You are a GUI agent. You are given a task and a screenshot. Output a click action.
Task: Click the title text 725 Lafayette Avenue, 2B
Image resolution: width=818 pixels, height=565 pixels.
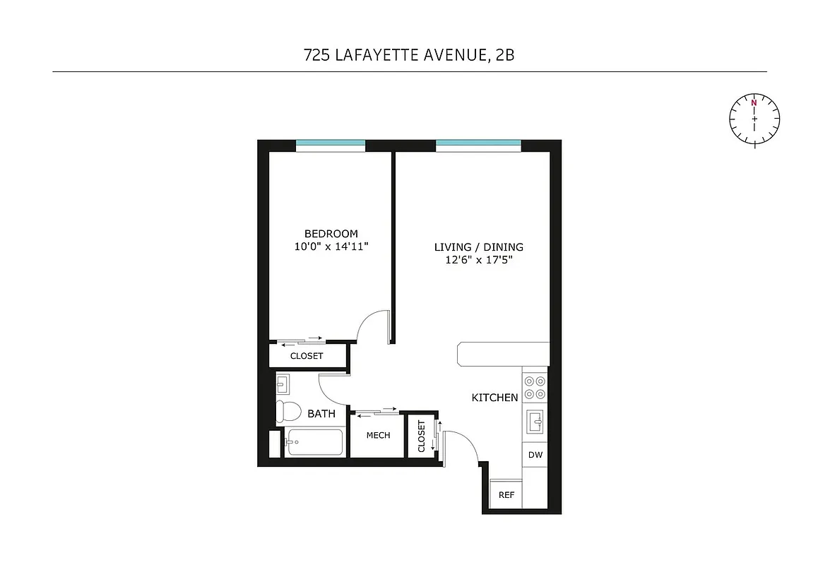click(409, 55)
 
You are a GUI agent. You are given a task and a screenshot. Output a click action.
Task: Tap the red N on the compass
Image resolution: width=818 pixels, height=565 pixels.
click(754, 103)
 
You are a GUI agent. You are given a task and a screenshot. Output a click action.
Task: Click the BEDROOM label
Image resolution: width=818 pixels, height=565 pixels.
click(331, 234)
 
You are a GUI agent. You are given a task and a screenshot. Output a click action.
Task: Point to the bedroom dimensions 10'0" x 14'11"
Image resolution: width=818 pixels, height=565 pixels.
click(331, 246)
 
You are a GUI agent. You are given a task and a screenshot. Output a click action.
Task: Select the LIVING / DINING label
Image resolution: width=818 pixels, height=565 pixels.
click(478, 247)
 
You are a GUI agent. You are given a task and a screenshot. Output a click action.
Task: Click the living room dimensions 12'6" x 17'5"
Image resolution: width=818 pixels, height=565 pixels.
click(478, 260)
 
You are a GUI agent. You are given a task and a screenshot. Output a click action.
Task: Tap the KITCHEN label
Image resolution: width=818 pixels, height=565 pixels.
click(494, 398)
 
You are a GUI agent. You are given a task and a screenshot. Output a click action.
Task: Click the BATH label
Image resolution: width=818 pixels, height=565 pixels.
click(321, 414)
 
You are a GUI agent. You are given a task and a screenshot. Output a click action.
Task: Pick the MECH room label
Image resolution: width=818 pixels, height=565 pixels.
click(378, 435)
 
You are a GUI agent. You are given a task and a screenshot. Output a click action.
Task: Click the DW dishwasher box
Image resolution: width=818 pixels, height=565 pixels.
click(535, 455)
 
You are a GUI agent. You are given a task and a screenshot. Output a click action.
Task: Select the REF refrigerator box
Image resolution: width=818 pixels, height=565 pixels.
click(506, 495)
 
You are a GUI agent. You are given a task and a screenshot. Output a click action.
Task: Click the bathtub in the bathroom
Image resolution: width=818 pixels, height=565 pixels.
click(314, 443)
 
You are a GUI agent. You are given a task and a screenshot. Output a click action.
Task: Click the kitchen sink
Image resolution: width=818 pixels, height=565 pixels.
click(535, 423)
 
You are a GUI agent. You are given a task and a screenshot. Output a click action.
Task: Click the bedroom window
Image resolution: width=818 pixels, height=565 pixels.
click(331, 145)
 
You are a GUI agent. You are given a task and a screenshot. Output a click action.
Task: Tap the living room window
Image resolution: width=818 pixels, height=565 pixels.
click(478, 145)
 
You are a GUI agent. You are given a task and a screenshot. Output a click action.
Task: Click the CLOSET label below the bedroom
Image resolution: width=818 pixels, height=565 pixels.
click(307, 356)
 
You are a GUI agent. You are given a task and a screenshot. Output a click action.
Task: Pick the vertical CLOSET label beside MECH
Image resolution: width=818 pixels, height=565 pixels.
click(422, 436)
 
